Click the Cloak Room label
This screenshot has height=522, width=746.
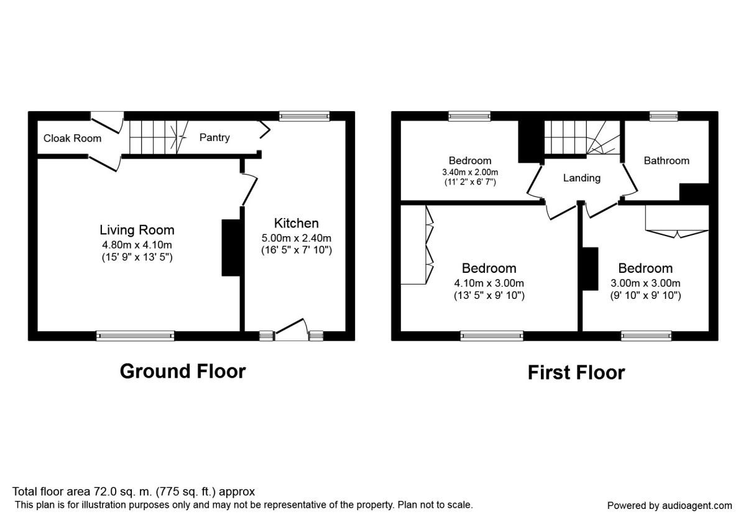[x=72, y=138]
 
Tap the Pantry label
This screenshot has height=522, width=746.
[x=214, y=137]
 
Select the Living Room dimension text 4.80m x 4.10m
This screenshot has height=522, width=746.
[x=137, y=244]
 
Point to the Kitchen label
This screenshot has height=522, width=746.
[x=297, y=223]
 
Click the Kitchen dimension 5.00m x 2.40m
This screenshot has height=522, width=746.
[x=297, y=238]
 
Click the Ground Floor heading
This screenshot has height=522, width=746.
[x=183, y=371]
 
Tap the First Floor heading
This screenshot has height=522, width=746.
[x=576, y=372]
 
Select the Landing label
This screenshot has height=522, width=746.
[x=582, y=178]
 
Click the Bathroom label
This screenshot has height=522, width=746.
[x=666, y=160]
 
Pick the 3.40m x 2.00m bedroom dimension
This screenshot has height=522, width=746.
[x=471, y=172]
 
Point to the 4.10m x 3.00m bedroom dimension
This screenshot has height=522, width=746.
[x=489, y=283]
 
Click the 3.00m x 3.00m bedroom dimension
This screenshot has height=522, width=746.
[x=645, y=283]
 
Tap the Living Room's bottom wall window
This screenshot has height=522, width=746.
[x=136, y=336]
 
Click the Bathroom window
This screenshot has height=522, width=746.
[x=664, y=116]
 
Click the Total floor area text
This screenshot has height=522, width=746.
[x=134, y=492]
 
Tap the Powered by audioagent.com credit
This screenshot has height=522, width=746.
[x=670, y=505]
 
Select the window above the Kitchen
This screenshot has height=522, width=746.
[x=304, y=116]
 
